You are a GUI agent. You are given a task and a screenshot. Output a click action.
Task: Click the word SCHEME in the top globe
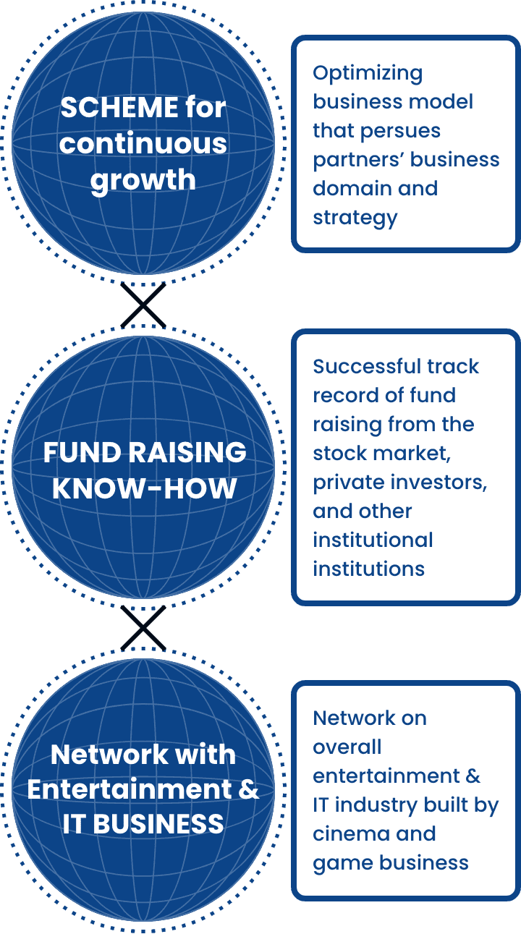[119, 108]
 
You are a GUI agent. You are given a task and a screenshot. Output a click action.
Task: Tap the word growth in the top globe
[143, 181]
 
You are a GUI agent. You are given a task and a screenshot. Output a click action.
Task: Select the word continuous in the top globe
[143, 144]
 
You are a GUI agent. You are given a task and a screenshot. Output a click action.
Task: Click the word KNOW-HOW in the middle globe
[144, 488]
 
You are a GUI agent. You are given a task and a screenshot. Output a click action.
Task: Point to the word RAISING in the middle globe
[187, 452]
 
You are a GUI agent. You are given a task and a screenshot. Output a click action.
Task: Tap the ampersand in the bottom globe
[249, 789]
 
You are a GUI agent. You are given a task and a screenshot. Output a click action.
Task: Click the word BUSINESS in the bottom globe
[158, 824]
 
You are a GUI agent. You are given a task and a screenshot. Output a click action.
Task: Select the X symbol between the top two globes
[143, 305]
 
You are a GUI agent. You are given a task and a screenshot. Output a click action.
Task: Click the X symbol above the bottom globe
[143, 628]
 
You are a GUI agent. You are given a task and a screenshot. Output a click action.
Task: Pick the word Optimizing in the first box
[368, 75]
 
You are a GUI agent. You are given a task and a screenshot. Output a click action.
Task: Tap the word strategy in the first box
[355, 218]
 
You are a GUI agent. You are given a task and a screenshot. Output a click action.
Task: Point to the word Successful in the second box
[366, 367]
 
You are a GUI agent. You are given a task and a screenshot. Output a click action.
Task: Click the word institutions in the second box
[369, 569]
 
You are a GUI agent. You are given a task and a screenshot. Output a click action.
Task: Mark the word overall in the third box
[347, 747]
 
